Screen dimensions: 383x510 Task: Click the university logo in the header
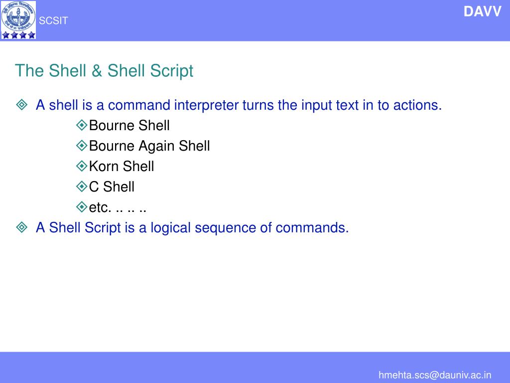point(18,20)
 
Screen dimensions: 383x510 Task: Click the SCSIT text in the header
point(53,21)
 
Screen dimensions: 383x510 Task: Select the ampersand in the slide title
point(97,71)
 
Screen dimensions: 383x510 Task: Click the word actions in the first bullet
point(417,105)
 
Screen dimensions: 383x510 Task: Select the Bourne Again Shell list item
point(149,146)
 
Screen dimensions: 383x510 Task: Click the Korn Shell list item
point(122,167)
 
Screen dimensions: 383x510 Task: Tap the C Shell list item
point(112,187)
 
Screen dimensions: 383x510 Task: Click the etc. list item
point(118,207)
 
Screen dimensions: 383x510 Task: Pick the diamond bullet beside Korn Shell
point(82,166)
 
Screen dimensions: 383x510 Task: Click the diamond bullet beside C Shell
point(82,186)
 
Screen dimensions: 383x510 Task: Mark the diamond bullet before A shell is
point(22,105)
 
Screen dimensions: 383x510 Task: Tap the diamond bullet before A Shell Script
point(22,228)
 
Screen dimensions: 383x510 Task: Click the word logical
point(171,228)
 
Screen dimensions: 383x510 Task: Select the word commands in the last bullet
point(312,228)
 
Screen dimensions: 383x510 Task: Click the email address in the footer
point(435,375)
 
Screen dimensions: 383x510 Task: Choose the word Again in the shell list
point(156,146)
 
